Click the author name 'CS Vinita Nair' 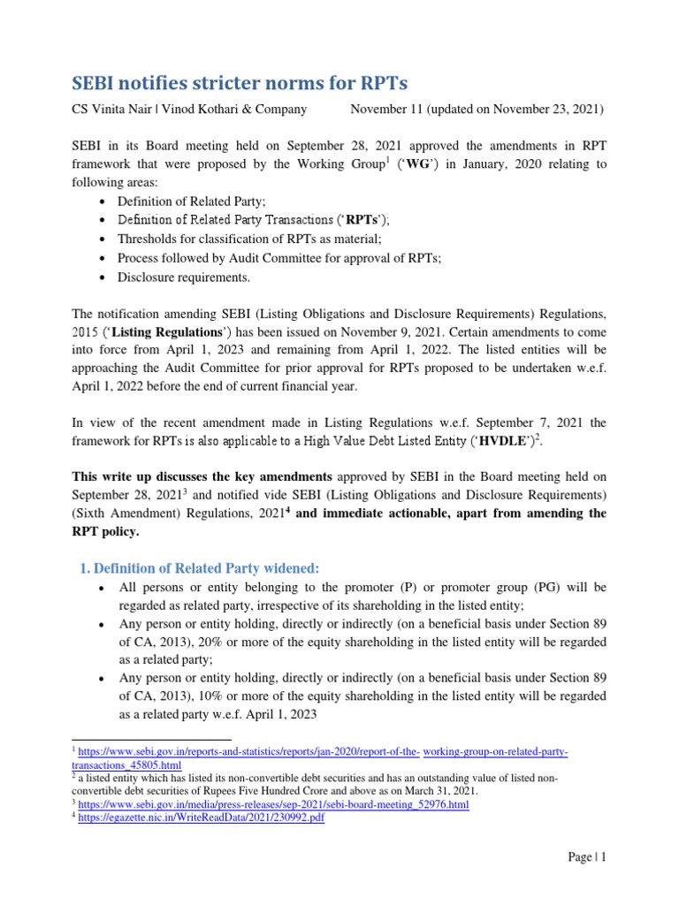click(x=112, y=110)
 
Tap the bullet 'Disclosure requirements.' click(x=184, y=278)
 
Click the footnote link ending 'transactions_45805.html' click(x=126, y=764)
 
